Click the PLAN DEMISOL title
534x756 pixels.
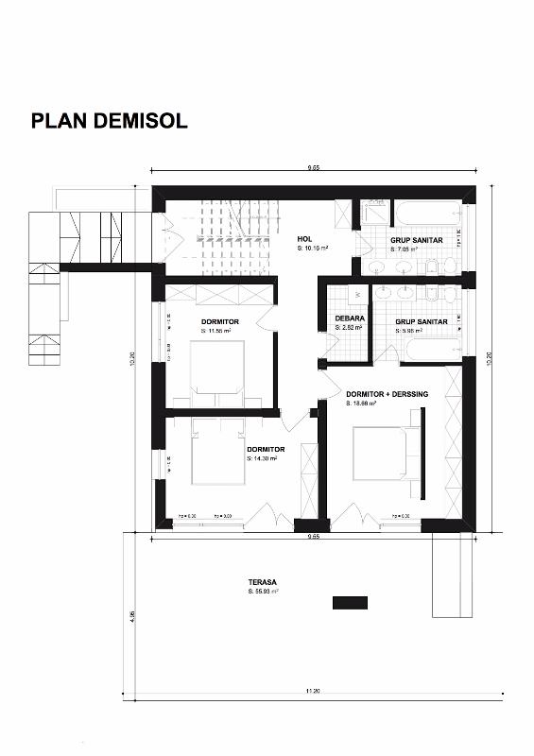109,121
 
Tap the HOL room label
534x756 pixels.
304,239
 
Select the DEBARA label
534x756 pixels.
350,318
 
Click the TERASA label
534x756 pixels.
262,582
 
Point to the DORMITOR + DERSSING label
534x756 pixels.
387,394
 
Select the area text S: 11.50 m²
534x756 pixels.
215,332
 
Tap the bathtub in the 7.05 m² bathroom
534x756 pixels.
426,213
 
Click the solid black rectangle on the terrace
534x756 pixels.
349,603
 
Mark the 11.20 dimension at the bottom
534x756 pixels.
312,693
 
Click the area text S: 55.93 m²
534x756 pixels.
263,592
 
